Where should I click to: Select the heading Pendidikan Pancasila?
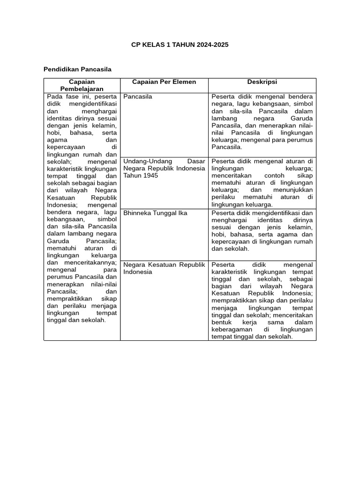click(77, 69)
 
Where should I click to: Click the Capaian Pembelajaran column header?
click(82, 85)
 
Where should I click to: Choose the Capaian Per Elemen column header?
click(164, 82)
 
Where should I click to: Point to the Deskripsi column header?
click(262, 82)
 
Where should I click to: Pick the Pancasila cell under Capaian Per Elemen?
click(138, 97)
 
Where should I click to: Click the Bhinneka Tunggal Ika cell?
click(149, 213)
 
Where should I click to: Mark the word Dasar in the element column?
click(196, 161)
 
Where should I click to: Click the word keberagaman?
click(233, 330)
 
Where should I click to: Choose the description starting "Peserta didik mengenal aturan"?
click(262, 183)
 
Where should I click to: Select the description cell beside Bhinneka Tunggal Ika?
click(262, 231)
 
